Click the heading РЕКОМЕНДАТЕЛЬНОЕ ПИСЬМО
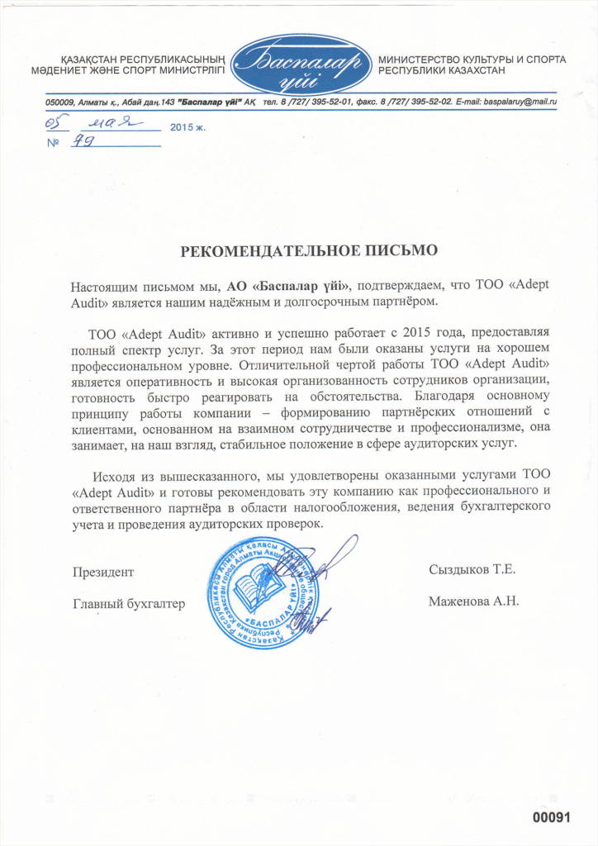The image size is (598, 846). (x=307, y=248)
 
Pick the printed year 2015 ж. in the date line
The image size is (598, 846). (x=187, y=128)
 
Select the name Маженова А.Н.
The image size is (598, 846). (x=473, y=601)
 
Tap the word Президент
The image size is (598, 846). (x=102, y=572)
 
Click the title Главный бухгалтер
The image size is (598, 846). (x=128, y=603)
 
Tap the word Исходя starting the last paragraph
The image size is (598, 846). (x=114, y=475)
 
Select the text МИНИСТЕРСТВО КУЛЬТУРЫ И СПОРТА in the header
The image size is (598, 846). (x=472, y=60)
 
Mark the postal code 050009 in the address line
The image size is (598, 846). (x=59, y=102)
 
